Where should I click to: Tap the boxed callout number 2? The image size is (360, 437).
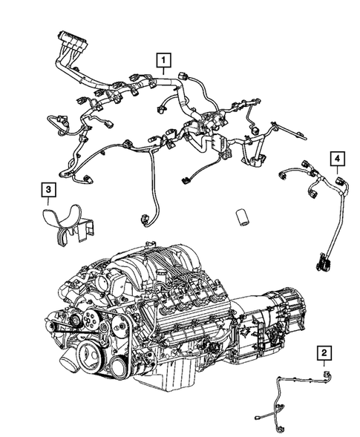324,352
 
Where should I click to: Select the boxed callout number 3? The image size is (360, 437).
48,192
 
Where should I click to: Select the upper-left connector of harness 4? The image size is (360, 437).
284,172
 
